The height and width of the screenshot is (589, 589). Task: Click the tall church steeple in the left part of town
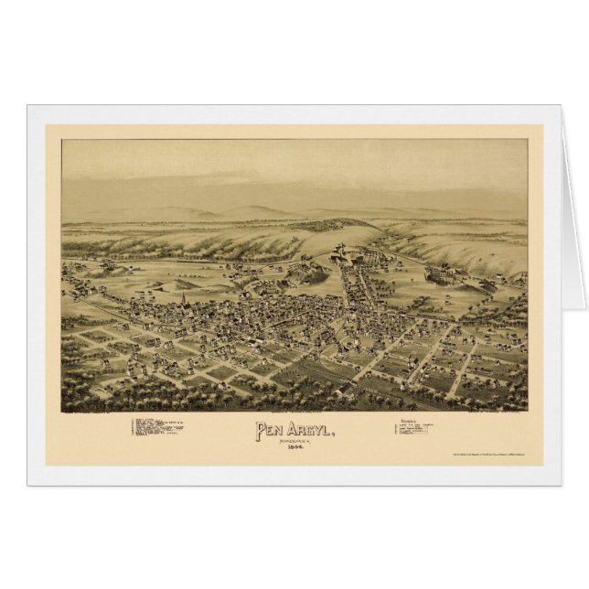pyautogui.click(x=182, y=297)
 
